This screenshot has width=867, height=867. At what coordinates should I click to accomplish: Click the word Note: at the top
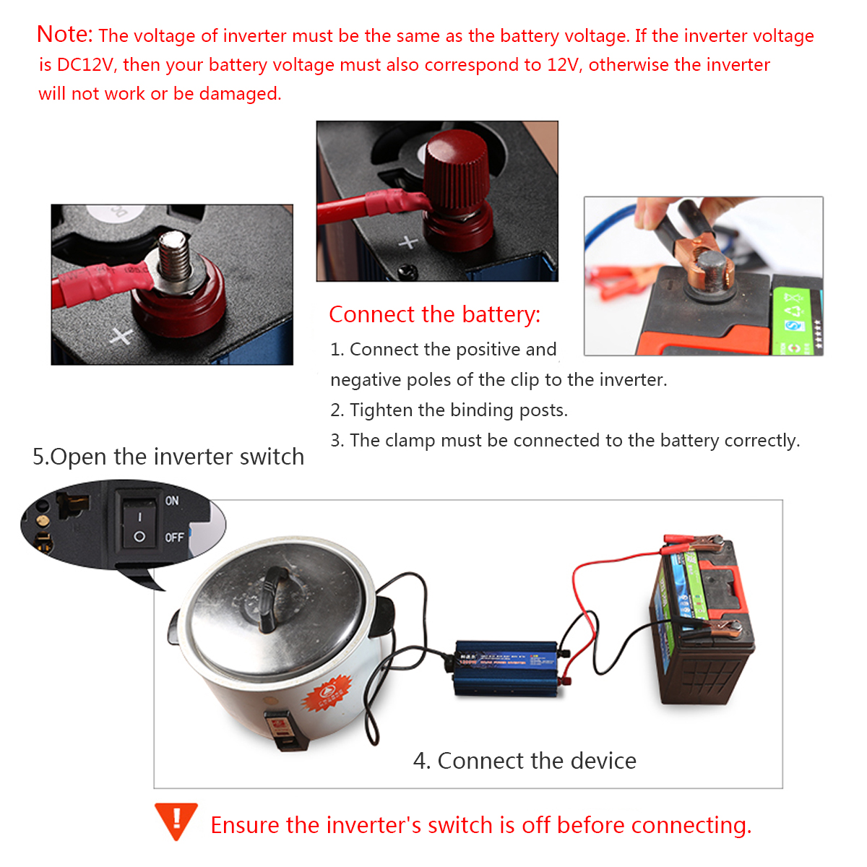pos(64,34)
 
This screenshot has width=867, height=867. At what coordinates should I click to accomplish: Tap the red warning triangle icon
pos(176,820)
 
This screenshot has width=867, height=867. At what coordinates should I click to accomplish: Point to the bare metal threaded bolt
pos(175,257)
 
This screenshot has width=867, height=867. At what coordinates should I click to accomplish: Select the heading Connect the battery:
pos(434,314)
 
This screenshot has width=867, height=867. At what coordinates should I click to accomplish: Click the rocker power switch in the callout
pos(139,525)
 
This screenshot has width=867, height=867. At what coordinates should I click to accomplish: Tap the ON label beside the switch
pos(172,501)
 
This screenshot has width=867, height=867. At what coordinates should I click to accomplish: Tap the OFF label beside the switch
pos(174,538)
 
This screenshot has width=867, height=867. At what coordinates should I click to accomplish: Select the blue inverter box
pos(506,667)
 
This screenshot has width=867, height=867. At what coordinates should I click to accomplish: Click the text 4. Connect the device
pos(525,761)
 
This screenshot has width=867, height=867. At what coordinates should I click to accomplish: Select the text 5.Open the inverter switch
pos(168,457)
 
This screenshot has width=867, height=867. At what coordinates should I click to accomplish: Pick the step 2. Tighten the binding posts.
pos(449,410)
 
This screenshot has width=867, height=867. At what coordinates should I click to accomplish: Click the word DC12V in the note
pos(85,65)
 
